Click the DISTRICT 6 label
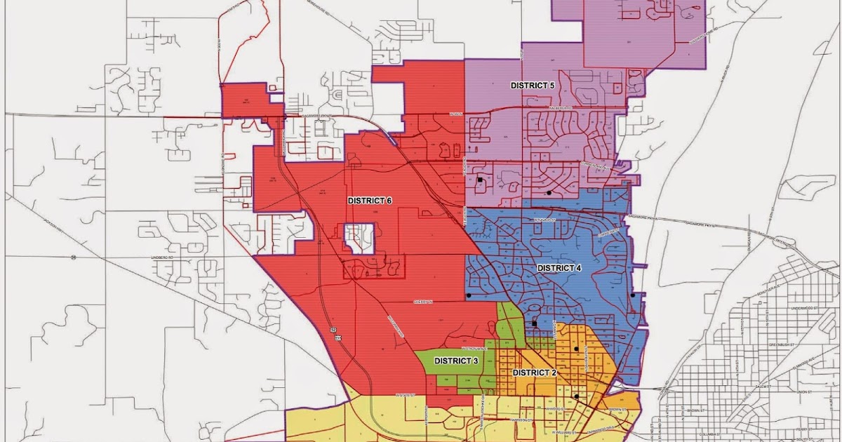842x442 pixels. coord(370,201)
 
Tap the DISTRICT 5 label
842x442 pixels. coord(532,85)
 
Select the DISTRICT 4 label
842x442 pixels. coord(559,268)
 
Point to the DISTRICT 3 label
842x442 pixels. coord(456,361)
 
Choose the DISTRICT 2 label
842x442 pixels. coord(535,373)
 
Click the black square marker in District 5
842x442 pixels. coord(480,180)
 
